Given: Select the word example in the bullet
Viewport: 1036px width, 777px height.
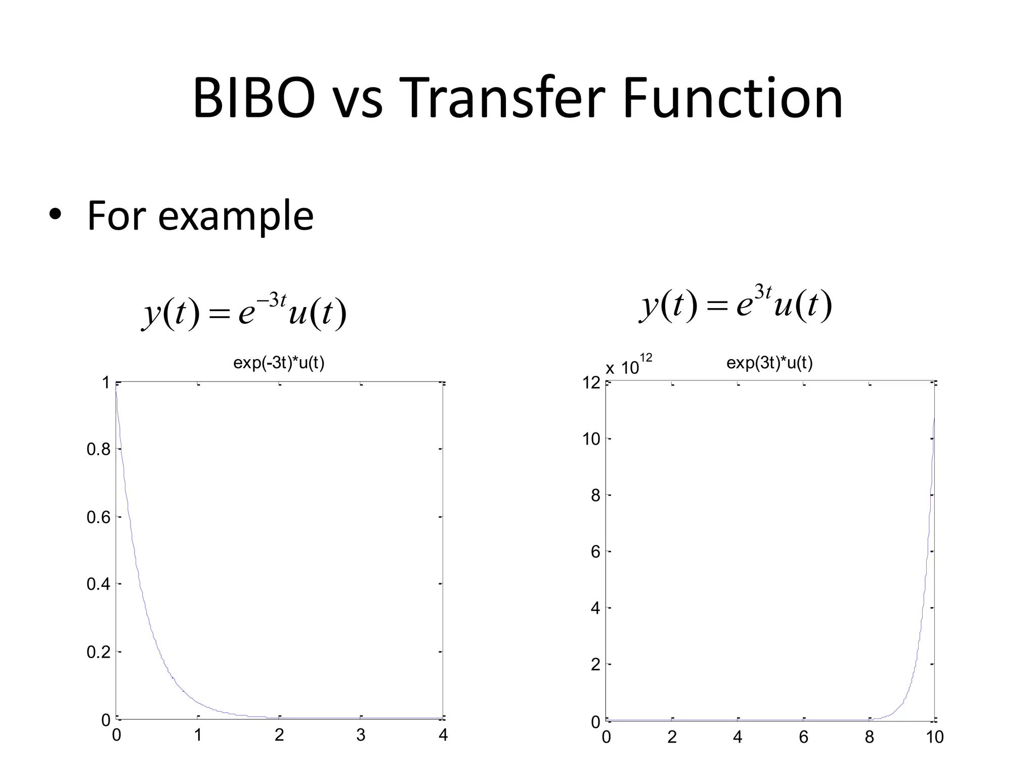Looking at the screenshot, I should [235, 217].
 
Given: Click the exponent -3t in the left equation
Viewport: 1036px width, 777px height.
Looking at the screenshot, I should [272, 299].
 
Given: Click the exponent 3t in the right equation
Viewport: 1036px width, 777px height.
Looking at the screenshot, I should [763, 292].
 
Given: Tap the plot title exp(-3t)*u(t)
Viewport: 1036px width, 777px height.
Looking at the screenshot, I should [279, 363].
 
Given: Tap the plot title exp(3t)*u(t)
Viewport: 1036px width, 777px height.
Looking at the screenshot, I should [769, 363].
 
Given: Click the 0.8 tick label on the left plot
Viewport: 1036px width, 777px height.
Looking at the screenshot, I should [98, 449].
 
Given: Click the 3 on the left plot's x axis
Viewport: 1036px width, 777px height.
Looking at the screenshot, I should [361, 735].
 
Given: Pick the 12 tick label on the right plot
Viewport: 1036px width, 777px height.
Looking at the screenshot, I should [591, 383].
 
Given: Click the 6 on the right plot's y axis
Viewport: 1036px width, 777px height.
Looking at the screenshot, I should [595, 552].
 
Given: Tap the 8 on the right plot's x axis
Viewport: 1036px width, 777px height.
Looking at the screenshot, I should [869, 738].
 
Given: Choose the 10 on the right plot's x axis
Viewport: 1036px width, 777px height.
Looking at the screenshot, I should [934, 738].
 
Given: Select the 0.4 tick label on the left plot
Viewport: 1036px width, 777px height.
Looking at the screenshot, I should [98, 584].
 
